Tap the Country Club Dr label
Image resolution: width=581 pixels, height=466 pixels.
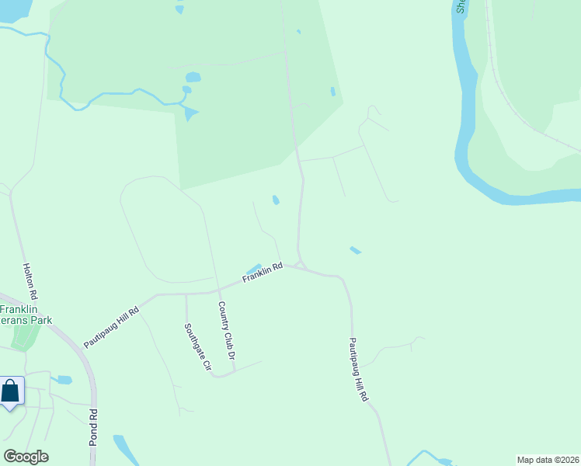pos(226,330)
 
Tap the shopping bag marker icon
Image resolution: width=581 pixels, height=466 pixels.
pos(11,391)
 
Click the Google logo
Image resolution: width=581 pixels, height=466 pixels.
pos(26,457)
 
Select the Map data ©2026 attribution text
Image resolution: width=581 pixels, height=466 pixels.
pos(548,460)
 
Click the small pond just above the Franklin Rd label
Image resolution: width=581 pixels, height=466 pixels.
pos(253,268)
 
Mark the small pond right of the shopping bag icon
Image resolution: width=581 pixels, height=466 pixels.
pos(64,380)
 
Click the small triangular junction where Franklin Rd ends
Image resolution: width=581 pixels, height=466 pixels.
pos(300,266)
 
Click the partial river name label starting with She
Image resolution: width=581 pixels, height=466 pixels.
pos(461,6)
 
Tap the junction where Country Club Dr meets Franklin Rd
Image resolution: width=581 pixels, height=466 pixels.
pos(214,292)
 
